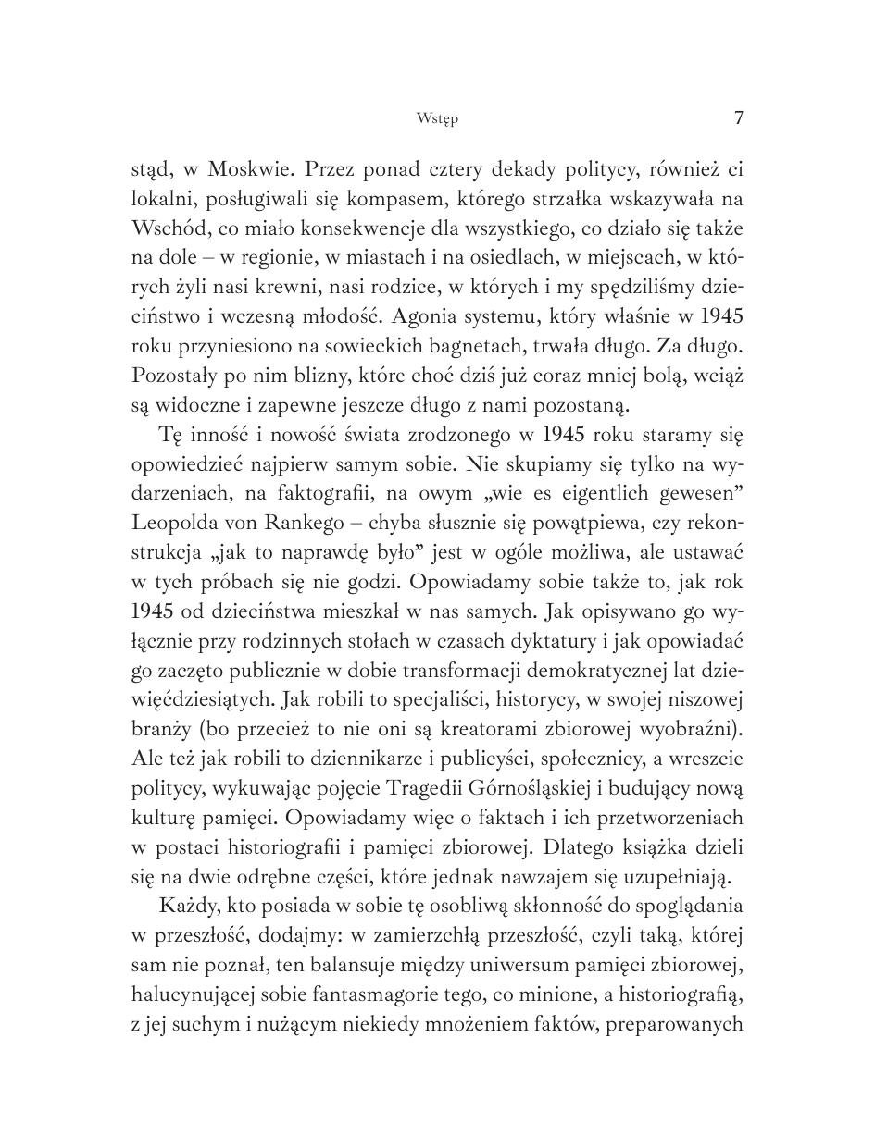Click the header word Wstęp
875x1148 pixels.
coord(437,118)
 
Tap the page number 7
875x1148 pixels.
coord(738,117)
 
